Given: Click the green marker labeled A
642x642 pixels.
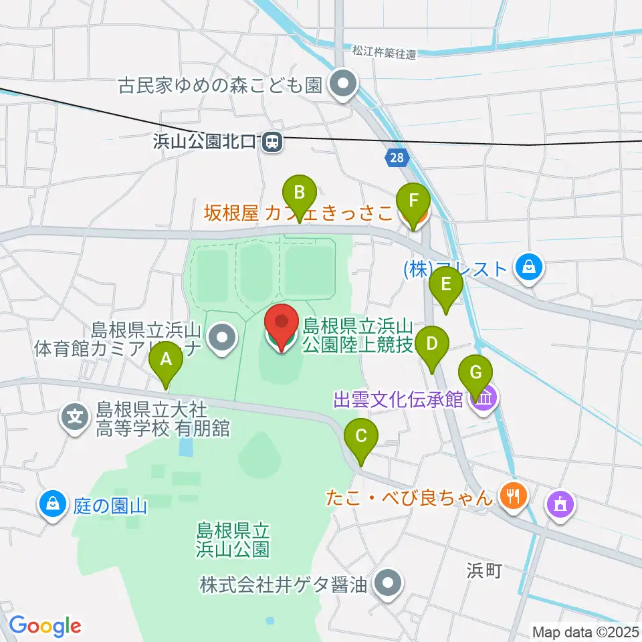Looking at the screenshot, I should coord(167,363).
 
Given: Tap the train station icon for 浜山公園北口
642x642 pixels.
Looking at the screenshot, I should coord(272,142).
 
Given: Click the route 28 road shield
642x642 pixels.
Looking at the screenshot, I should coord(395,158).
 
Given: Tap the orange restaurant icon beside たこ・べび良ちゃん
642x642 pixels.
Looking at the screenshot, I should coord(514,496).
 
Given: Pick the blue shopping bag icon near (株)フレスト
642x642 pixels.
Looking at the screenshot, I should coord(529,269).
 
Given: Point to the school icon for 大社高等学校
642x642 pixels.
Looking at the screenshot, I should coord(76,418).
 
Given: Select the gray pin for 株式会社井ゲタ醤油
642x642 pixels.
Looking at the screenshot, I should coord(389,584).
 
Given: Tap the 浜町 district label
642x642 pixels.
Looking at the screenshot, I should coord(485,570).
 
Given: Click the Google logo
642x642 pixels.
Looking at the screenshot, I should coord(44,625).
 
